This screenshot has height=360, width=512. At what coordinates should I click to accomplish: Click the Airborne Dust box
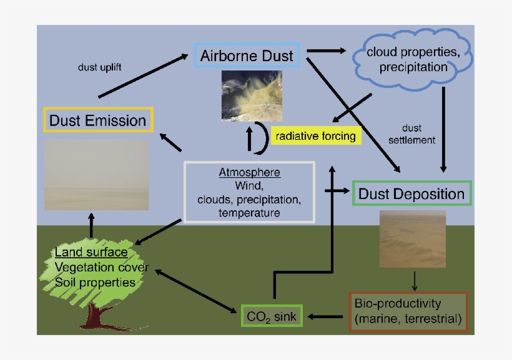[x=247, y=56]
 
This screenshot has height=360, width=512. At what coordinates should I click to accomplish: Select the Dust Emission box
[x=97, y=120]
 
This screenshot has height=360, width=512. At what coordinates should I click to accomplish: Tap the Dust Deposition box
[x=411, y=193]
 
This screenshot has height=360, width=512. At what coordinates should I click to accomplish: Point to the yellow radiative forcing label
[x=316, y=135]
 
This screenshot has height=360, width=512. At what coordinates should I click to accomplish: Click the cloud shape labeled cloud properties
[x=406, y=59]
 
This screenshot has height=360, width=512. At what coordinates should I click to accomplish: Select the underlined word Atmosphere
[x=249, y=172]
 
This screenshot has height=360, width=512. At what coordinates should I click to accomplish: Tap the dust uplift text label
[x=96, y=67]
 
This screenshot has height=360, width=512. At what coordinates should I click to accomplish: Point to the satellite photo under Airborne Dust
[x=252, y=95]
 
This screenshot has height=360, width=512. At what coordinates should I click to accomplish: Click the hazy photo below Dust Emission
[x=97, y=174]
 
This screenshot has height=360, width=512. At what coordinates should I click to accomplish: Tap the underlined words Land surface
[x=91, y=253]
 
